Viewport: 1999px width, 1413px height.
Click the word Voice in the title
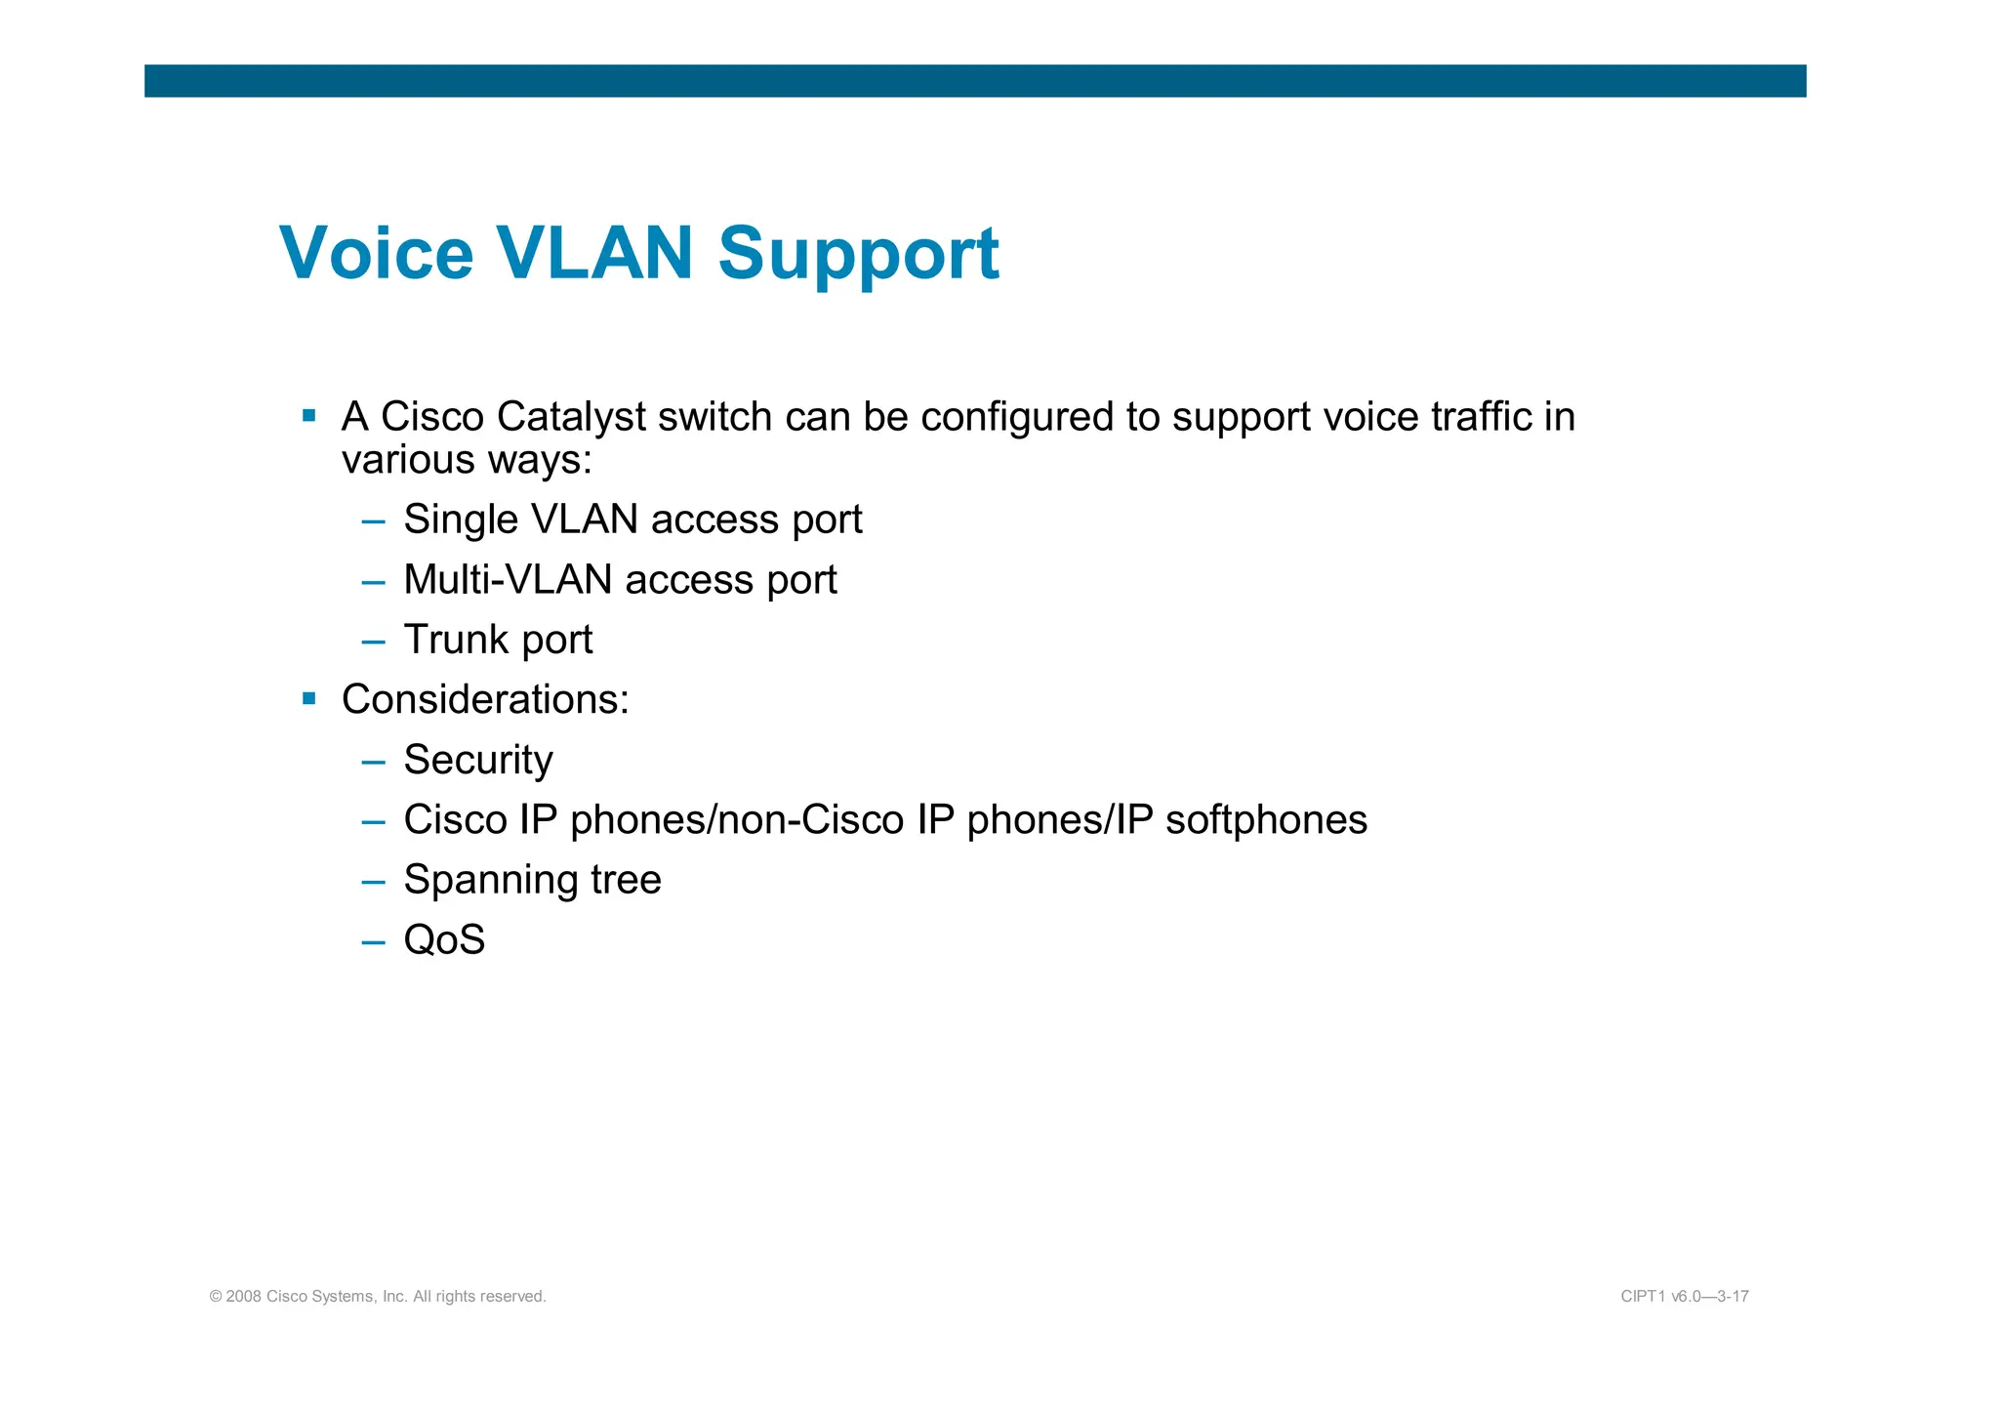tap(376, 254)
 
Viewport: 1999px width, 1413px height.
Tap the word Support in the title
tap(858, 254)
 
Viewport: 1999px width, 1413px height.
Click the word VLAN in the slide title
tap(594, 254)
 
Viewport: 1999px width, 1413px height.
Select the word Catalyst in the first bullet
tap(571, 418)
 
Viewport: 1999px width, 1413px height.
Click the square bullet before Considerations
tap(309, 699)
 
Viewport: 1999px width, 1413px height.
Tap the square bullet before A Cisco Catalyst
tap(309, 416)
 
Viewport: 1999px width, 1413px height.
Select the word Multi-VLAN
tap(508, 580)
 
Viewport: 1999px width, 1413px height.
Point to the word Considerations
tap(485, 700)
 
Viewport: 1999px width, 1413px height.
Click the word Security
tap(478, 761)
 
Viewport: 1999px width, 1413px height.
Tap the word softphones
tap(1266, 820)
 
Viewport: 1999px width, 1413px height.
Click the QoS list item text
tap(444, 940)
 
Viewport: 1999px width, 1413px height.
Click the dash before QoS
tap(373, 942)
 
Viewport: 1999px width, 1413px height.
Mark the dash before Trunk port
tap(373, 643)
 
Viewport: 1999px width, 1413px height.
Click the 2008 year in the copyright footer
tap(244, 1297)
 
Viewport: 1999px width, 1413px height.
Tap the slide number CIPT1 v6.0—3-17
tap(1684, 1297)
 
